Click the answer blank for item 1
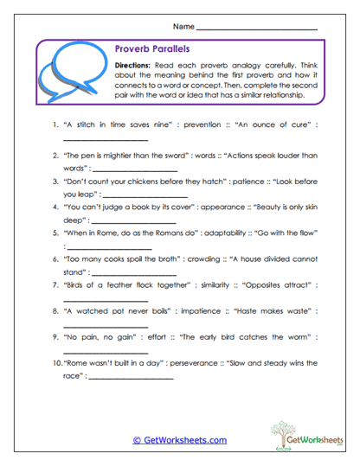(x=107, y=140)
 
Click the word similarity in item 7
(x=210, y=284)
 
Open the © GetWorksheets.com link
(x=179, y=440)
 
